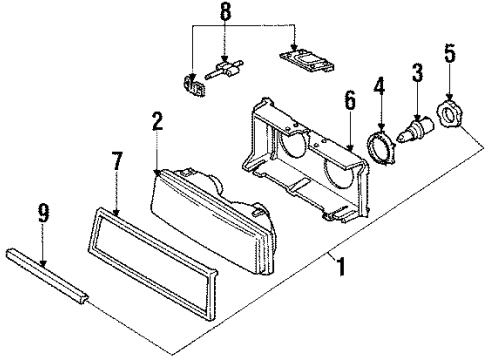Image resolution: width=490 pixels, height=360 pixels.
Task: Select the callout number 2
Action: (155, 124)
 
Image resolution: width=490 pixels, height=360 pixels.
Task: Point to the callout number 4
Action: (380, 86)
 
